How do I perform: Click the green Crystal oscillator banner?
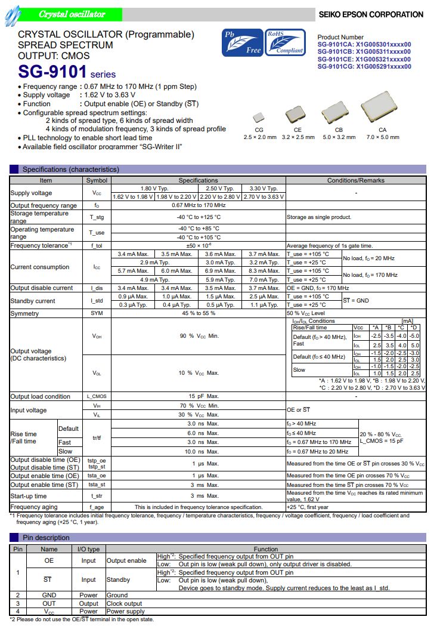(x=71, y=14)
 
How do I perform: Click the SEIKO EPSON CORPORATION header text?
(x=371, y=14)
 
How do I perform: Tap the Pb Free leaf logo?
(x=241, y=43)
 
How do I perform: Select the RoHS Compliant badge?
(x=285, y=43)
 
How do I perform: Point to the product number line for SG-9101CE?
(x=364, y=59)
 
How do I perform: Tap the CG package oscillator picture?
(x=259, y=117)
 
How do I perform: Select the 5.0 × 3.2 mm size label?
(x=339, y=137)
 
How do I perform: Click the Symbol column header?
(x=97, y=180)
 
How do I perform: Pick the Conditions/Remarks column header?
(x=356, y=180)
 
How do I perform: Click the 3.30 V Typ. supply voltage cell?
(x=263, y=189)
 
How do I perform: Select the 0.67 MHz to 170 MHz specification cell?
(x=198, y=206)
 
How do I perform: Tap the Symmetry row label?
(x=25, y=313)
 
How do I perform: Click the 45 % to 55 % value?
(x=198, y=313)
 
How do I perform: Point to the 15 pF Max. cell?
(x=198, y=396)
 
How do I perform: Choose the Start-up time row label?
(x=29, y=496)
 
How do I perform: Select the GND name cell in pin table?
(x=49, y=595)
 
